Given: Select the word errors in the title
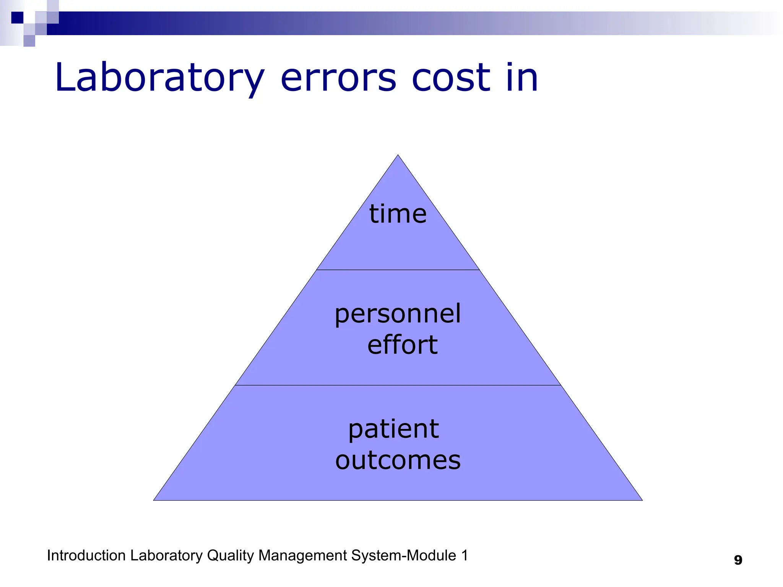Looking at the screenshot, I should pos(338,78).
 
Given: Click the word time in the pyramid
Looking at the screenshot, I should pos(398,214).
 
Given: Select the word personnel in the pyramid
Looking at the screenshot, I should pos(398,315).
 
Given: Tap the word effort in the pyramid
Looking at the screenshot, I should pos(402,345).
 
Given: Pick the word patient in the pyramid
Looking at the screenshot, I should pos(394,430).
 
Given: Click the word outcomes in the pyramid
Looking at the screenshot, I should pos(398,460).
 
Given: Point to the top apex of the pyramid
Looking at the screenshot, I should pos(398,156).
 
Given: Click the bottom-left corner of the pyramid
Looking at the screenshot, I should pos(154,499).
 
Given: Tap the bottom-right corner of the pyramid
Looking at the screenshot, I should pos(642,499).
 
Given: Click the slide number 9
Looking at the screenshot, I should pos(738,560).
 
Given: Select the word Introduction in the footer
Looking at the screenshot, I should pos(86,555).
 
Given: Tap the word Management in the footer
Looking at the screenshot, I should pos(302,556).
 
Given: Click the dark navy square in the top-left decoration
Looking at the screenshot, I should pos(17,18).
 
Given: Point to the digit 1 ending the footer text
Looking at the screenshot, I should pos(465,556).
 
